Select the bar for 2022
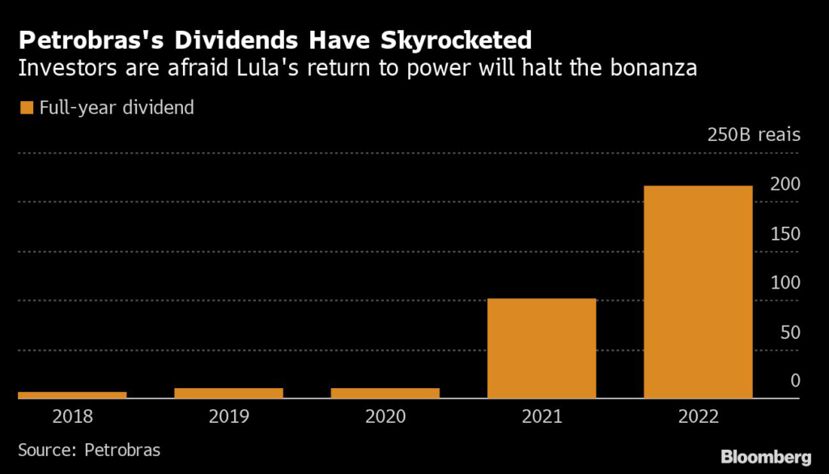[x=698, y=292]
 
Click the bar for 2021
[x=542, y=348]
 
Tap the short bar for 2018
[x=72, y=395]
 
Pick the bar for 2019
[x=228, y=393]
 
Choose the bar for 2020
[x=385, y=393]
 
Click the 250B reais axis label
[x=754, y=135]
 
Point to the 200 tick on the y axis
[x=785, y=184]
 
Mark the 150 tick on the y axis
[x=785, y=233]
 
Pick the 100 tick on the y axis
[x=785, y=283]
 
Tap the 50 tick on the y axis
[x=789, y=332]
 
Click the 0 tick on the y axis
[x=795, y=381]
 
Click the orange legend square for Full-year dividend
[x=26, y=107]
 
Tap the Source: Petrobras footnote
[x=89, y=449]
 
